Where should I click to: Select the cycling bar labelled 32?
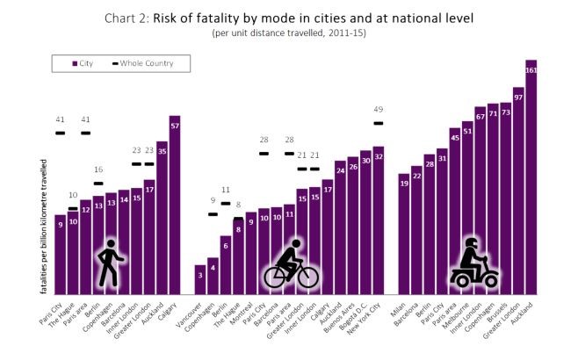coord(379,220)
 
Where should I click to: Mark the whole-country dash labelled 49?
coord(379,123)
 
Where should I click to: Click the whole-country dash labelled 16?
coord(98,183)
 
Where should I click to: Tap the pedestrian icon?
coord(110,262)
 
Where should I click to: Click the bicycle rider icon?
coord(292,264)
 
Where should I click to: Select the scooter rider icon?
coord(473,263)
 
